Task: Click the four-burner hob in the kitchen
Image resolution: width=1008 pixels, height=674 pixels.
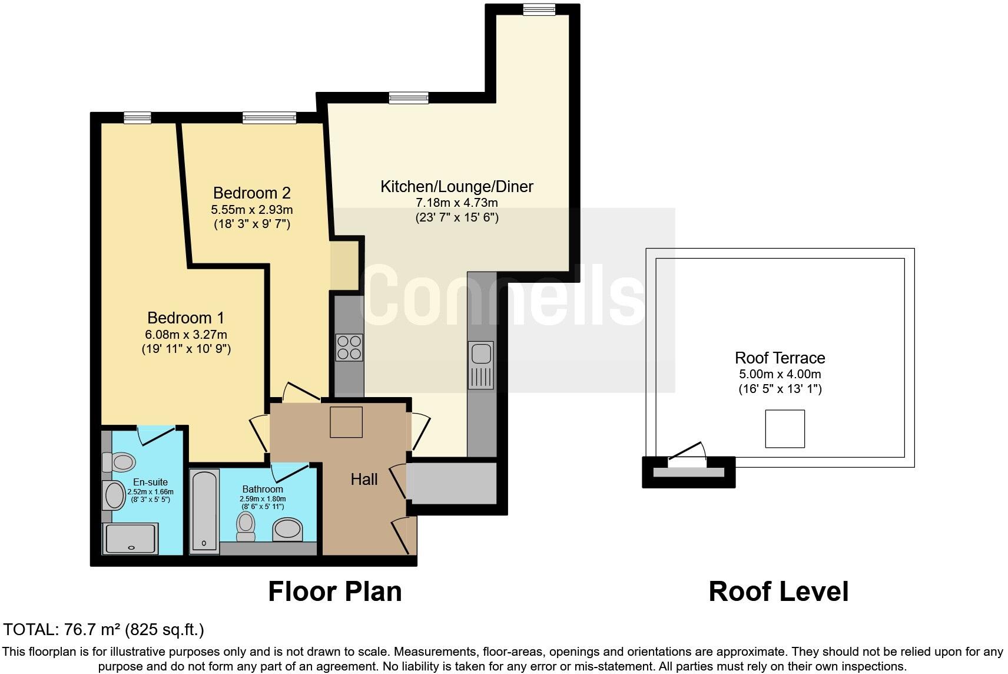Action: (x=349, y=347)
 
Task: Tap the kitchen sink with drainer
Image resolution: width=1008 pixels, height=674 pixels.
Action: (x=481, y=365)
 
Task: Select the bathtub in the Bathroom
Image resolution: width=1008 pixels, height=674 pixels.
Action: (x=205, y=511)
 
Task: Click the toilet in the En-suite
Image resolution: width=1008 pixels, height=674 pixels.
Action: (x=120, y=461)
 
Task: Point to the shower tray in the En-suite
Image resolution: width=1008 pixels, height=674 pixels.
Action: (x=131, y=538)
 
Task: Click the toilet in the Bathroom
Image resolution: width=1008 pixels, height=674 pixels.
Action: (x=246, y=526)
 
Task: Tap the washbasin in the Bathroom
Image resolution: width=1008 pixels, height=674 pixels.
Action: (x=287, y=529)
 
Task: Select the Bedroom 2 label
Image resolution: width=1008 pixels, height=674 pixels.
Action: (x=251, y=193)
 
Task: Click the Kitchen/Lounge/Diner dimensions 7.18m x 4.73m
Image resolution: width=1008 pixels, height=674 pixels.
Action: (x=456, y=203)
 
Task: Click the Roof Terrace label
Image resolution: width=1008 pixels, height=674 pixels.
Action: (x=780, y=358)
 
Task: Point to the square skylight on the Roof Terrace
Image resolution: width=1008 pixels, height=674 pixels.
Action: (x=785, y=428)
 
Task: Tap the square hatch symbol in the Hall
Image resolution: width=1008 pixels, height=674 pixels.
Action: (x=346, y=422)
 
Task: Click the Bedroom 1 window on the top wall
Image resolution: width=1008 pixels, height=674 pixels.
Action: (x=137, y=118)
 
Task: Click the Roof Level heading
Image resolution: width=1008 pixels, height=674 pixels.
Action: (x=778, y=592)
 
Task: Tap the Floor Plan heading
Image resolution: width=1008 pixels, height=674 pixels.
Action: (x=334, y=592)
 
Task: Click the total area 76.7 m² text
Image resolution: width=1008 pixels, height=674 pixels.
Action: (x=104, y=630)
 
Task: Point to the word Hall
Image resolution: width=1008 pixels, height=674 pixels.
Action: (x=364, y=480)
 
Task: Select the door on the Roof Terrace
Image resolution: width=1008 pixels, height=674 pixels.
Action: (x=688, y=454)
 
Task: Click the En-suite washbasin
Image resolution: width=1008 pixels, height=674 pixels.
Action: (x=115, y=495)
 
